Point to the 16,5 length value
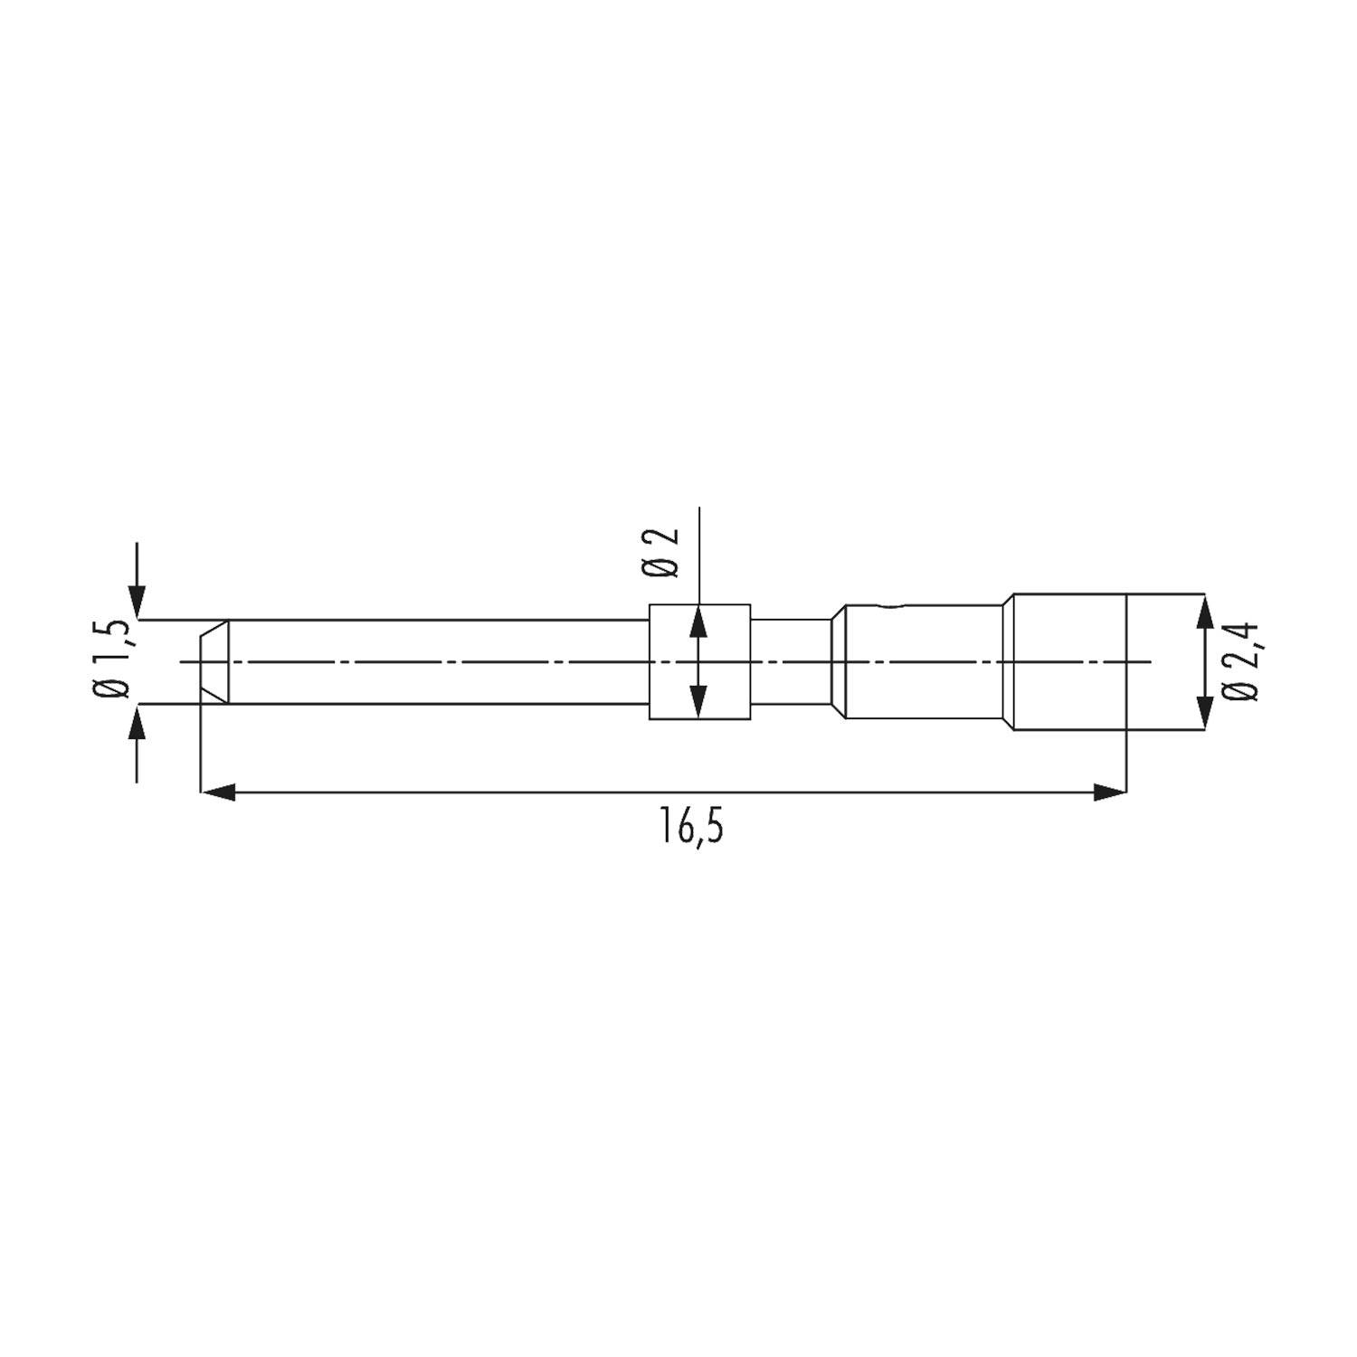point(692,829)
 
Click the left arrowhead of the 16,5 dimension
point(217,792)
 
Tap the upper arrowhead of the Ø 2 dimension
point(698,622)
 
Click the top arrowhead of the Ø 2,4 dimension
point(1203,612)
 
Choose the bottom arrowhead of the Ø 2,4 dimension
point(1203,711)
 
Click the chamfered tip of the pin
point(214,661)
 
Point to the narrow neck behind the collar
point(790,661)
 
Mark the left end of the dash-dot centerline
point(184,661)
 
